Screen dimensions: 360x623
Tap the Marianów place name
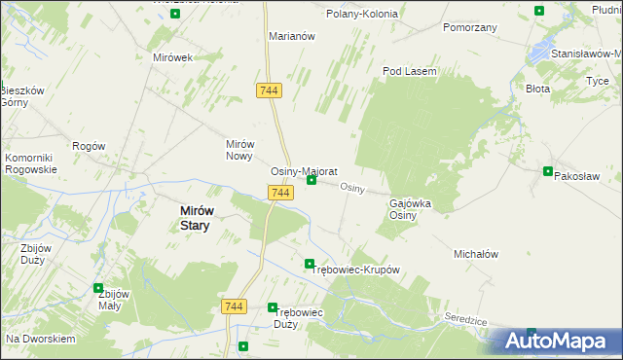[292, 36]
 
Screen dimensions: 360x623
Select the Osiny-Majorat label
[304, 170]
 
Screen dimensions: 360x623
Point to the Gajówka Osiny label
[410, 209]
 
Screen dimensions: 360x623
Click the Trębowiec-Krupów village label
[355, 270]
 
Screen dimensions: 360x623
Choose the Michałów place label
[476, 254]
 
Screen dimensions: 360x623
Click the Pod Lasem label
[409, 71]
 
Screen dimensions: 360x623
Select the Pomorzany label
[470, 27]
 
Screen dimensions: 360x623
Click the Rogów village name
[89, 146]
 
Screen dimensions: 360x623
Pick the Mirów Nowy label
[239, 149]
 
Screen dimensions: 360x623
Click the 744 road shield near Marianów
[271, 90]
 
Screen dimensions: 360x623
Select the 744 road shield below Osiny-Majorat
[280, 194]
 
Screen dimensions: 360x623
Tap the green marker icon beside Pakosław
[548, 171]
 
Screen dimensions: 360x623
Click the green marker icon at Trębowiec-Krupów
[310, 264]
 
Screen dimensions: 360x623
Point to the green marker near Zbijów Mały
[97, 288]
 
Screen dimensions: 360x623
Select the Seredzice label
[466, 319]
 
